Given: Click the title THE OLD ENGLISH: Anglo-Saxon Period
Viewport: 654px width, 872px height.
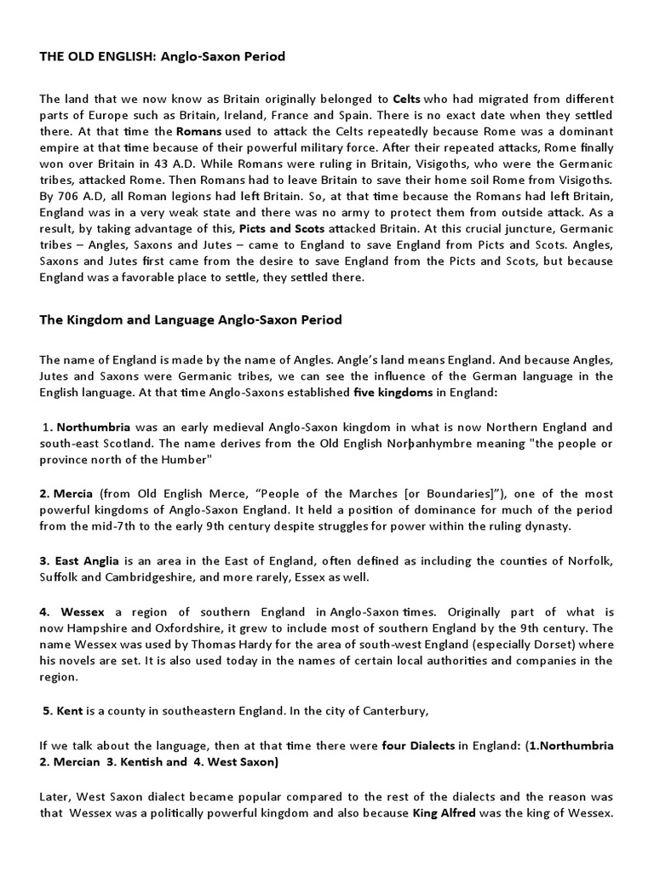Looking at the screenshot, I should coord(162,57).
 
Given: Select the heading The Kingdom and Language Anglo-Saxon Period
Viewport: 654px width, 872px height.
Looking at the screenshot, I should coord(191,320).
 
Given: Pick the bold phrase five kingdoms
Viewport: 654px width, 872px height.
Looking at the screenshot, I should coord(393,393).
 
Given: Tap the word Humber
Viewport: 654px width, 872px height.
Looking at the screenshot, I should coord(187,460).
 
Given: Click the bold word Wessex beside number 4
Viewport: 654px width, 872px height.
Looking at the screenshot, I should coord(81,611).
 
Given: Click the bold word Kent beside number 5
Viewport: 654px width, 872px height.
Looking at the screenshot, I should coord(70,711).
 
